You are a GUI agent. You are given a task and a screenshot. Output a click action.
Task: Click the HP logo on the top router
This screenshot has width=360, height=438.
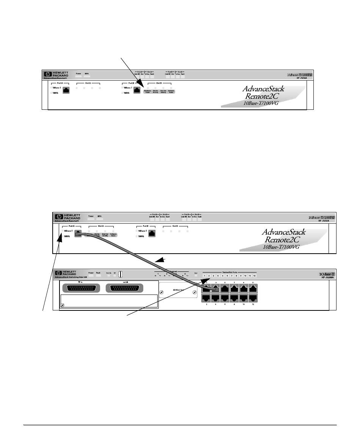click(x=47, y=75)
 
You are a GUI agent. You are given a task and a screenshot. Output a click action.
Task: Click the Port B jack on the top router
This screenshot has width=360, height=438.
click(x=137, y=90)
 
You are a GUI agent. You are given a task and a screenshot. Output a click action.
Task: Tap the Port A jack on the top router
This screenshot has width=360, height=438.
click(x=65, y=90)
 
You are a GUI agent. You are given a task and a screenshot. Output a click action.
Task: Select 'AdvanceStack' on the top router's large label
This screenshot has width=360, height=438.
click(x=263, y=89)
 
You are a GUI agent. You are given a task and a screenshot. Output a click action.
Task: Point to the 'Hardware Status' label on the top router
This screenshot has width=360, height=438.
click(x=147, y=91)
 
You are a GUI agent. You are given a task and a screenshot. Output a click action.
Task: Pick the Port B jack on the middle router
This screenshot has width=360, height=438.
click(x=152, y=234)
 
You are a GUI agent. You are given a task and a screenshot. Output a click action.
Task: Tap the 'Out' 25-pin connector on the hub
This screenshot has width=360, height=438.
click(x=123, y=288)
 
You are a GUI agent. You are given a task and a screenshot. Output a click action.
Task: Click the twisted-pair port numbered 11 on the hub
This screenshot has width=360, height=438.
click(x=253, y=289)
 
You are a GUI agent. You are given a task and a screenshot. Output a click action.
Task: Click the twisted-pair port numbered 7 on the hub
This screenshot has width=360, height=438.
click(x=235, y=289)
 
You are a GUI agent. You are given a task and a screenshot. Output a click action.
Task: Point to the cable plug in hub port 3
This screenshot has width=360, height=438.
click(x=216, y=289)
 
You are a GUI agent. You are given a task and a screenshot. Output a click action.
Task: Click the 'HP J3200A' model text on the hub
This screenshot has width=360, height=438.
click(x=326, y=277)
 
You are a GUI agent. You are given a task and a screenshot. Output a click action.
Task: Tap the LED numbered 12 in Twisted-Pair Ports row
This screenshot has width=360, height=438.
click(x=255, y=276)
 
